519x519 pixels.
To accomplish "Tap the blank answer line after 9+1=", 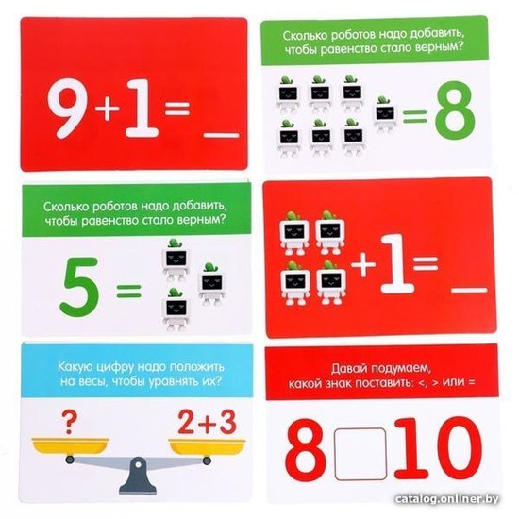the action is click(x=221, y=135).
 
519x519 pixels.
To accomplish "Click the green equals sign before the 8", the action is click(x=415, y=117).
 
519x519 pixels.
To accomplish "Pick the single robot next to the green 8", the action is click(x=385, y=113).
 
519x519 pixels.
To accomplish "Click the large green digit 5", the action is click(x=80, y=285).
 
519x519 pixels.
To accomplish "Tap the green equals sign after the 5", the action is click(x=129, y=292).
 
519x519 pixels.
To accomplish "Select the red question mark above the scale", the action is click(x=70, y=422).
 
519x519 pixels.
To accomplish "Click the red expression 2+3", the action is click(x=208, y=422).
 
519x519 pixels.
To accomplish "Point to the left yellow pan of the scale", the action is click(x=70, y=445).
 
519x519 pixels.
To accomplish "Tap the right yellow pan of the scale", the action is click(x=207, y=446).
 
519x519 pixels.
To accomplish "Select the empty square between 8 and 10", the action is click(x=360, y=454).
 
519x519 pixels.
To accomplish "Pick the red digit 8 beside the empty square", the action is click(x=304, y=449).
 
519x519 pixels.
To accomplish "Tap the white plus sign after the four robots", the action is click(x=363, y=264).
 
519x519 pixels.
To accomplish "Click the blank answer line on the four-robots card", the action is click(x=470, y=290).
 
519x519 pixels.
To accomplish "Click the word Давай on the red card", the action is click(x=349, y=368).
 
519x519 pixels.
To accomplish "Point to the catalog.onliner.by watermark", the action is click(x=447, y=499).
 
